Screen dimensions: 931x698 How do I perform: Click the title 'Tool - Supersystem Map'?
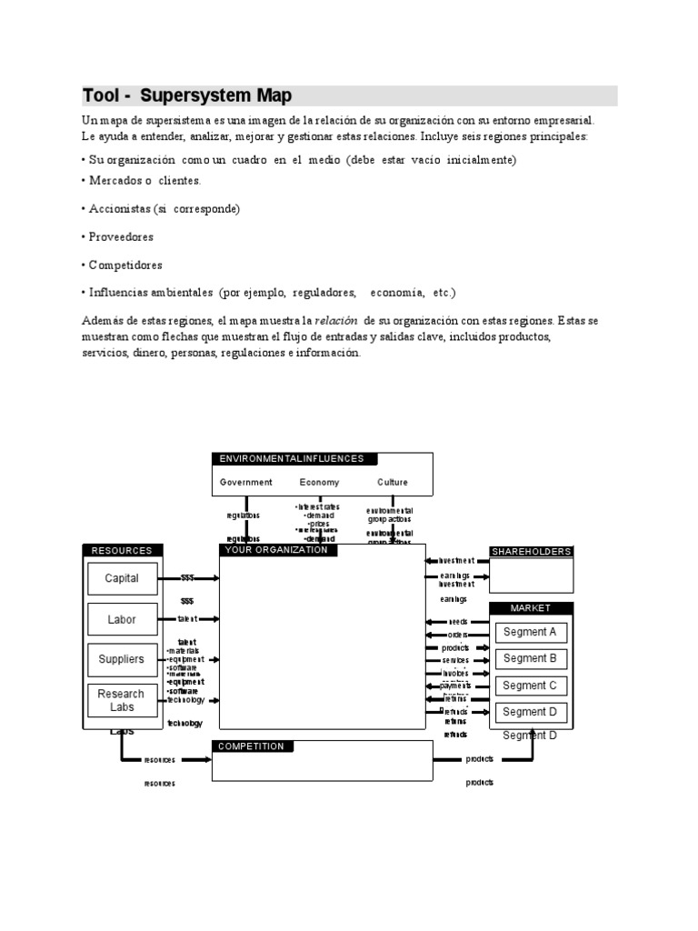pos(187,96)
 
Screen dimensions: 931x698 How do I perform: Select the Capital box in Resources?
pos(122,578)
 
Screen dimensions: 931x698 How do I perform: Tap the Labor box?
pos(122,619)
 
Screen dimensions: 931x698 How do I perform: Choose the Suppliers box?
pos(122,659)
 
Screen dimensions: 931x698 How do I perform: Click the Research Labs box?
pos(122,700)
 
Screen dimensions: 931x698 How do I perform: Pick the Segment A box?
pos(530,632)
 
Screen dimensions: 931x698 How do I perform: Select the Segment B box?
pos(530,658)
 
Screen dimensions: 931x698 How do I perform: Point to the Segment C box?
pos(530,686)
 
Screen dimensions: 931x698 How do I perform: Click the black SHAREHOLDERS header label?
pos(532,552)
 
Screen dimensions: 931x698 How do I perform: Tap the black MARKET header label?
pos(532,607)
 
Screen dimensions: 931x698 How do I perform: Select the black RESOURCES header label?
pos(123,550)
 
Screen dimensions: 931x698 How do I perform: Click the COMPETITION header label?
pos(251,746)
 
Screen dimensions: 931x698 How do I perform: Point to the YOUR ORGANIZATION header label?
pos(278,550)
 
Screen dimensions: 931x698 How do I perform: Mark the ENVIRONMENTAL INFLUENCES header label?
pos(292,459)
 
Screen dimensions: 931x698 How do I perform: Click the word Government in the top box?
pos(245,483)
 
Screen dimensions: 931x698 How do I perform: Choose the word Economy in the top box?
pos(319,483)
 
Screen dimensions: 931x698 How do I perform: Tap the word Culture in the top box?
pos(393,483)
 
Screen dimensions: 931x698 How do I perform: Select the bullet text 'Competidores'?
pos(125,265)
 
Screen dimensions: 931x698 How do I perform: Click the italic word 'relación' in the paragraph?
pos(334,322)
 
